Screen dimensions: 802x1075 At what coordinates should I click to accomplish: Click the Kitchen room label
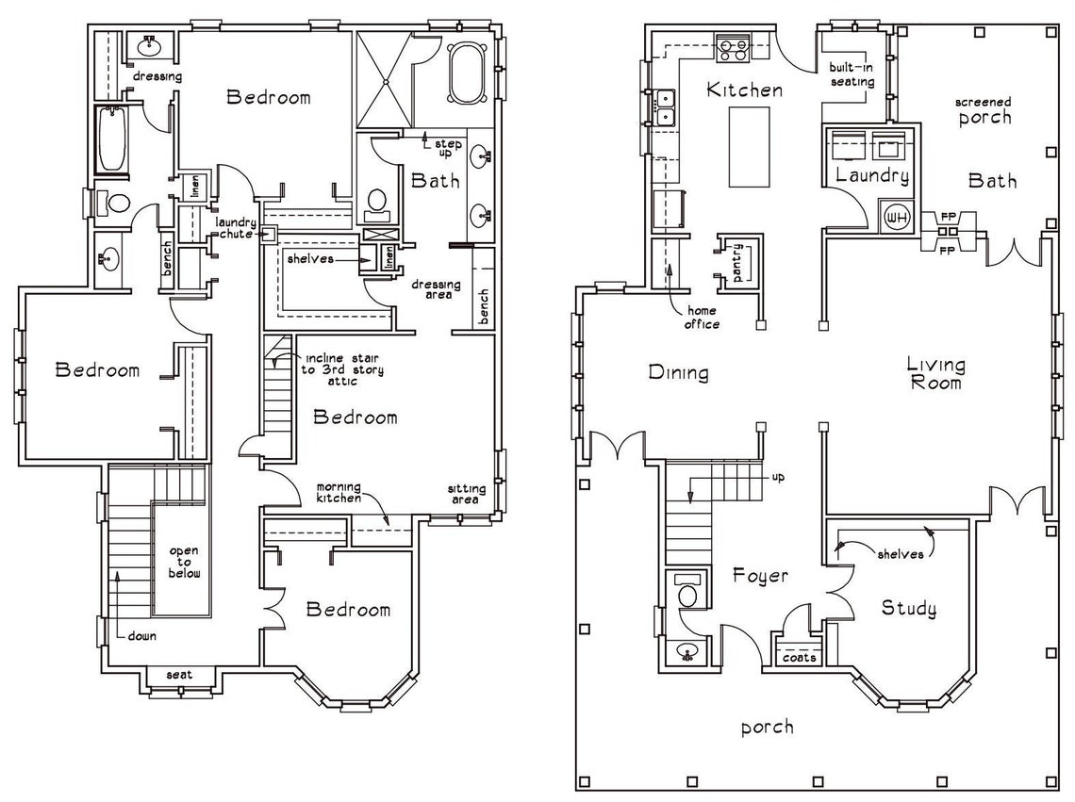tap(744, 90)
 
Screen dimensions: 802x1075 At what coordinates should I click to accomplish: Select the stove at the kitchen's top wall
tap(733, 46)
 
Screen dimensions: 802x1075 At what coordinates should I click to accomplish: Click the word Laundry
tap(872, 176)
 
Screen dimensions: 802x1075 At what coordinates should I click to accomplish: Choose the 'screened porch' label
tap(984, 110)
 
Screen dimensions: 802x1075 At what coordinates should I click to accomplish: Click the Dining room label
tap(678, 373)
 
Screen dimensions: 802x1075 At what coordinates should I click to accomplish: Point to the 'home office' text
tap(702, 318)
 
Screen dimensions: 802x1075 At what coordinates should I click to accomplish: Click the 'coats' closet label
tap(799, 657)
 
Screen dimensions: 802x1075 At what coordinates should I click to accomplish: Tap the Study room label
tap(908, 609)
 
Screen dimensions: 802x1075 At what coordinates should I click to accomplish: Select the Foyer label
tap(760, 575)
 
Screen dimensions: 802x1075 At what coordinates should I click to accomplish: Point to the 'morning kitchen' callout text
tap(338, 492)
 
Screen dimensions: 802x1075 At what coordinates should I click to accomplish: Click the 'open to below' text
tap(185, 562)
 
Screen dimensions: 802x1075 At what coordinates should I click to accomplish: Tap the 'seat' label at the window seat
tap(179, 675)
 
